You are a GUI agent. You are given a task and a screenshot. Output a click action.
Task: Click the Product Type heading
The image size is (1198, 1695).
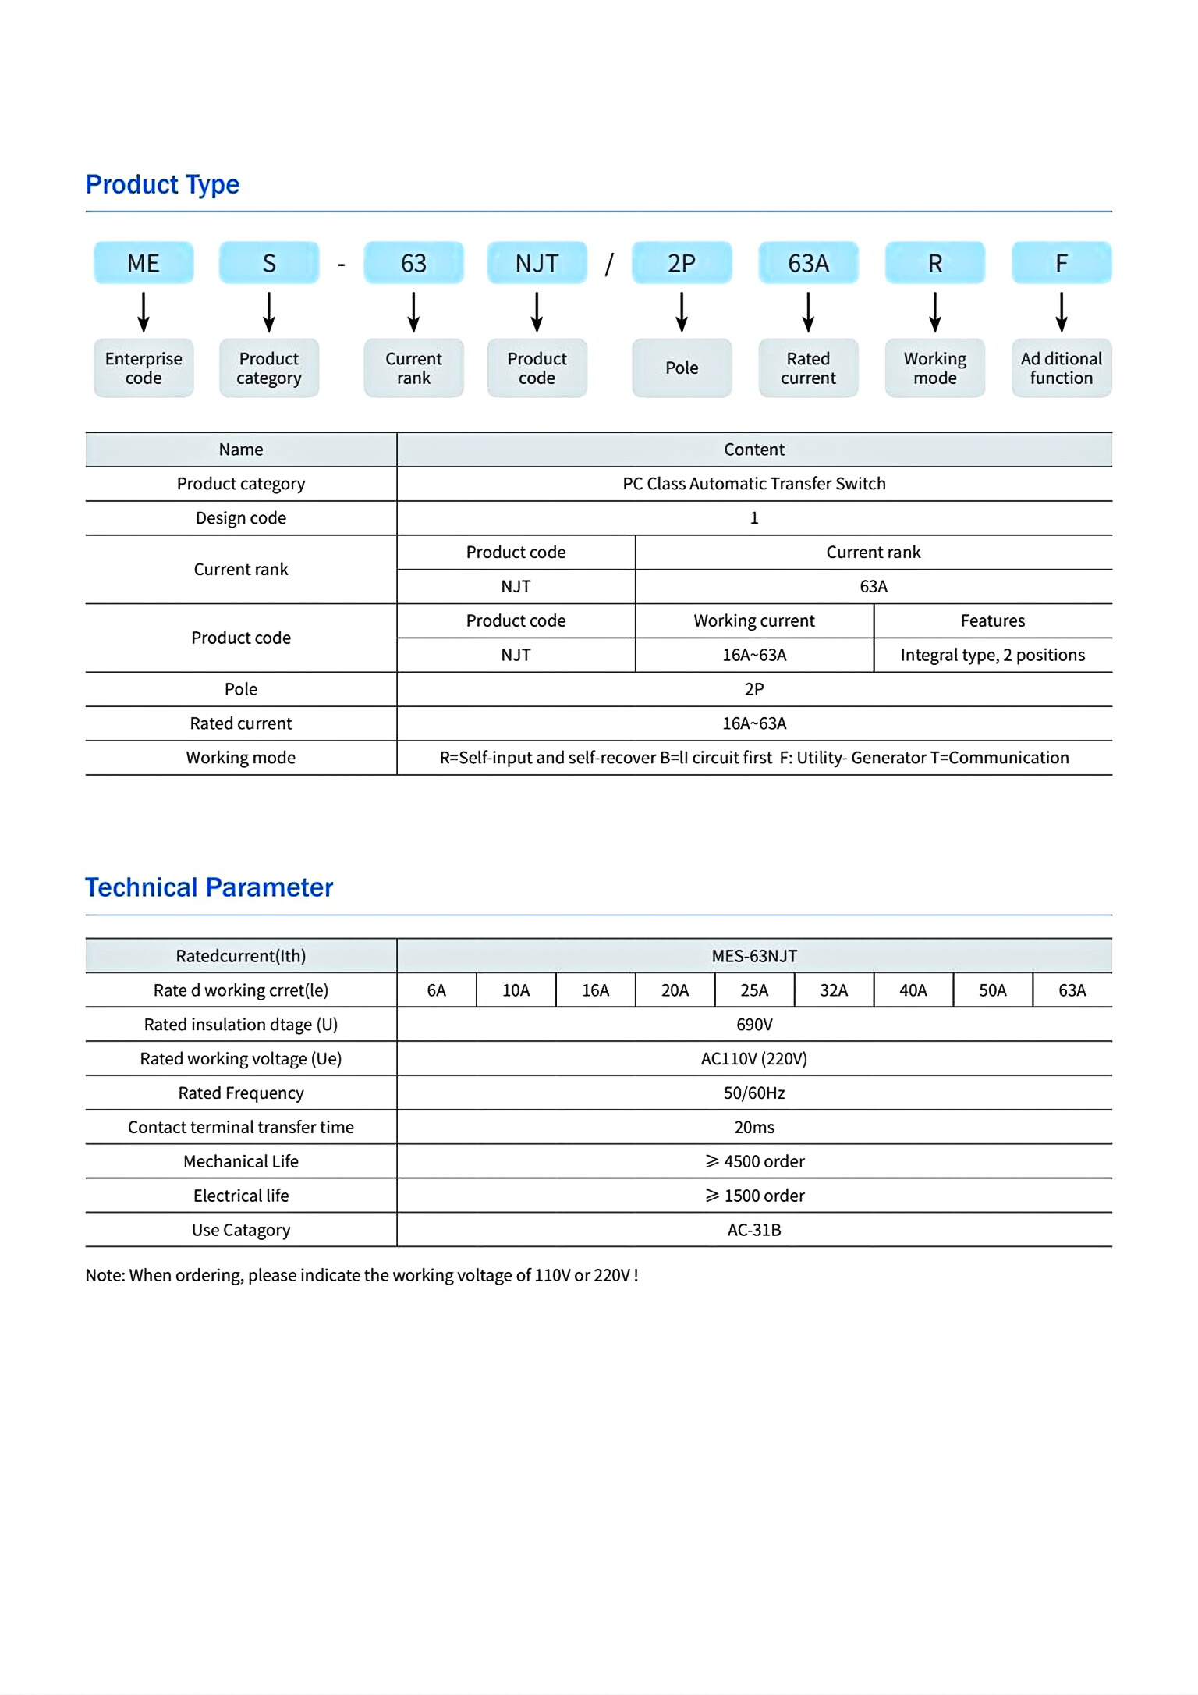(x=162, y=185)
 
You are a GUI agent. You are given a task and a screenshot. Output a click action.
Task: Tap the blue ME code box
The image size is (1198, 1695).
(x=144, y=263)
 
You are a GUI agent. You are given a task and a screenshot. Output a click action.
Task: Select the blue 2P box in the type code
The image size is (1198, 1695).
(x=682, y=263)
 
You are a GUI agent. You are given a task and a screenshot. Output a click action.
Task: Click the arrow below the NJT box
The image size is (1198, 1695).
(x=537, y=312)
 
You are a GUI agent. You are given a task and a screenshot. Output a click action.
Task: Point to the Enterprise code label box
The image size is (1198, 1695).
(x=144, y=368)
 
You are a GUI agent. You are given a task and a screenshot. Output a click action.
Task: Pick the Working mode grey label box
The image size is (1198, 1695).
(x=934, y=368)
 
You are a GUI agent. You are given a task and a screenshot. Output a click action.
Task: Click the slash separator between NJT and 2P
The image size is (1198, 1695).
(x=609, y=264)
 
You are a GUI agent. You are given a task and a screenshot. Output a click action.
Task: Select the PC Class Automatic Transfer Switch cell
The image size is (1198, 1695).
(x=753, y=484)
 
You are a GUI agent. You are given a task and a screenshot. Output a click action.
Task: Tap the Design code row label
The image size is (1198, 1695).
(x=241, y=518)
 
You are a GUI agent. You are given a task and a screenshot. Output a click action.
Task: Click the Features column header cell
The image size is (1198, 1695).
(x=992, y=620)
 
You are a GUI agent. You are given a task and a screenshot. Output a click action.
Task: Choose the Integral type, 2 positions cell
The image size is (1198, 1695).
(x=992, y=655)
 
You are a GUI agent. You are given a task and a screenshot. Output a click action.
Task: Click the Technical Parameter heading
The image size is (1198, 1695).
(x=209, y=888)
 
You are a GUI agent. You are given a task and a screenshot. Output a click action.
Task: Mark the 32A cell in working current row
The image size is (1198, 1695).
(x=833, y=990)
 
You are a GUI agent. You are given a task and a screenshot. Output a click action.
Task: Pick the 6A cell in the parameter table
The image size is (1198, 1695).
(x=436, y=990)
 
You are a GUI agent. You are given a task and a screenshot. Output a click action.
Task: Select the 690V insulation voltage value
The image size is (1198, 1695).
(x=753, y=1025)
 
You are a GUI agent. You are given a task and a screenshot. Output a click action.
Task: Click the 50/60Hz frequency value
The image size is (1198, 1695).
(x=753, y=1093)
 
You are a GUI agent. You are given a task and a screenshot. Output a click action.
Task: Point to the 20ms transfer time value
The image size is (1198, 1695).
(x=753, y=1128)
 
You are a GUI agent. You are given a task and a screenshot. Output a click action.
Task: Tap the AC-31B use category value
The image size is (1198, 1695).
(x=753, y=1231)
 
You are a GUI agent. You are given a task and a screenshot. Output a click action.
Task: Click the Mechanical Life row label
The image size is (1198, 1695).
(x=241, y=1162)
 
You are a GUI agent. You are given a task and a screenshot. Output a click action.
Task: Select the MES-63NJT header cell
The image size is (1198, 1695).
(x=753, y=956)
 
